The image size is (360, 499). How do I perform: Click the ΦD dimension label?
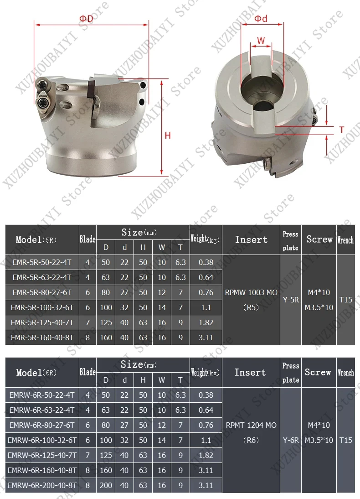pyautogui.click(x=86, y=19)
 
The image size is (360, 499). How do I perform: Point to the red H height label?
pyautogui.click(x=168, y=135)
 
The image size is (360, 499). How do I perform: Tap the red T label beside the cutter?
pyautogui.click(x=342, y=130)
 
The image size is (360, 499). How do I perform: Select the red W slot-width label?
pyautogui.click(x=261, y=41)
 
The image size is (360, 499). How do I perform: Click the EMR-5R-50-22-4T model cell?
pyautogui.click(x=42, y=262)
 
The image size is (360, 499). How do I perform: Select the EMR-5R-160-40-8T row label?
pyautogui.click(x=42, y=338)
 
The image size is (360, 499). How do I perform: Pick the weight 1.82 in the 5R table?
pyautogui.click(x=206, y=322)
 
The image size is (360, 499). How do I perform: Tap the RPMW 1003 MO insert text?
pyautogui.click(x=251, y=292)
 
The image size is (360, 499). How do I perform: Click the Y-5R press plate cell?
pyautogui.click(x=291, y=300)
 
